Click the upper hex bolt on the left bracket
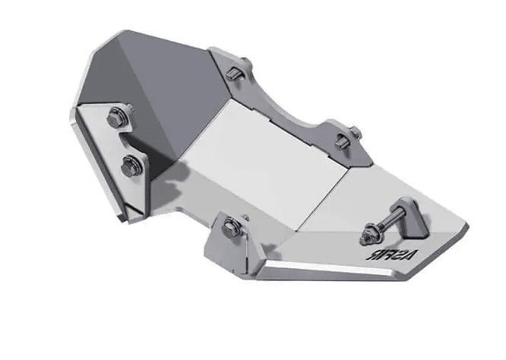pyautogui.click(x=116, y=118)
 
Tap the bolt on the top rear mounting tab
pyautogui.click(x=235, y=74)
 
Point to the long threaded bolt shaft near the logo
pyautogui.click(x=387, y=220)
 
